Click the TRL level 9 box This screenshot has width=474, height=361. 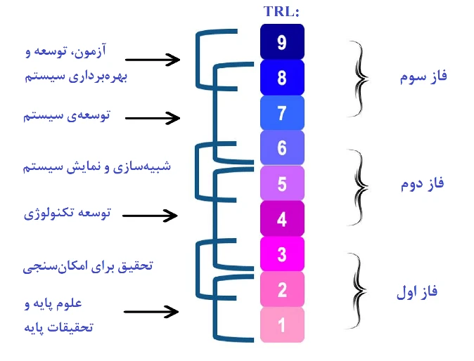pyautogui.click(x=282, y=41)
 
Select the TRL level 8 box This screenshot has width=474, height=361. pyautogui.click(x=282, y=77)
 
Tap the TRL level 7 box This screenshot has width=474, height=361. pyautogui.click(x=282, y=113)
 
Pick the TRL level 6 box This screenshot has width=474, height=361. pyautogui.click(x=282, y=147)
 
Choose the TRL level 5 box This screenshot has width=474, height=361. pyautogui.click(x=282, y=183)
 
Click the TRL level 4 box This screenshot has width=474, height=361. pyautogui.click(x=282, y=218)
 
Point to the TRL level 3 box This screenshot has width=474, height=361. pyautogui.click(x=282, y=254)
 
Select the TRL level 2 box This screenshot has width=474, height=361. pyautogui.click(x=282, y=289)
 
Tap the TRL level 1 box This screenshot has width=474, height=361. pyautogui.click(x=282, y=324)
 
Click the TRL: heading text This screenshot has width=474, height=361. pyautogui.click(x=281, y=11)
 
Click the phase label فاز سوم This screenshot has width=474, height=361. pyautogui.click(x=423, y=77)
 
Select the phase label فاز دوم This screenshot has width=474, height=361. pyautogui.click(x=422, y=184)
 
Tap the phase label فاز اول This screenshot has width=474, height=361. pyautogui.click(x=417, y=291)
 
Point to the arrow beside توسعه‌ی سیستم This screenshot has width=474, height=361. pyautogui.click(x=153, y=118)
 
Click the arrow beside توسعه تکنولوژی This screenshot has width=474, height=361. pyautogui.click(x=150, y=216)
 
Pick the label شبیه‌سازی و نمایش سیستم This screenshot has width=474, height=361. pyautogui.click(x=97, y=166)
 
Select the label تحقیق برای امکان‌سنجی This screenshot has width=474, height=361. pyautogui.click(x=88, y=266)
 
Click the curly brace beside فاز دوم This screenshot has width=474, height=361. pyautogui.click(x=358, y=187)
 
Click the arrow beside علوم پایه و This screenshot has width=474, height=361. pyautogui.click(x=151, y=312)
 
